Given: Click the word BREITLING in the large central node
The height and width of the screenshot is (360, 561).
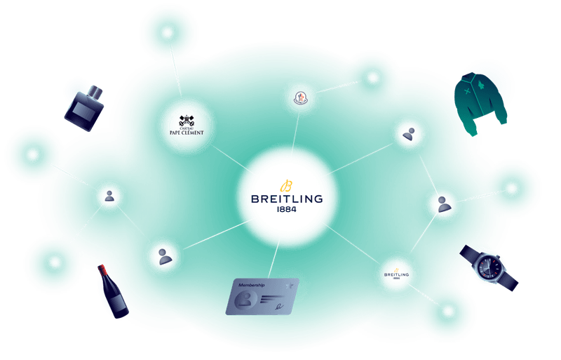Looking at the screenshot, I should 287,199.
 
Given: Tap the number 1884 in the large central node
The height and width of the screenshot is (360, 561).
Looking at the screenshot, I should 287,209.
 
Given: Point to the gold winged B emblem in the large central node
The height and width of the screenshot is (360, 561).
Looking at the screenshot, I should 286,185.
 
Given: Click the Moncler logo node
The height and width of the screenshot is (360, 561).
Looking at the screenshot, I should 299,98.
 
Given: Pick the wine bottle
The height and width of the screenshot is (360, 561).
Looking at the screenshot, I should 111,291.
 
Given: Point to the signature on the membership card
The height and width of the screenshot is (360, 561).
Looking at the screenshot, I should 280,304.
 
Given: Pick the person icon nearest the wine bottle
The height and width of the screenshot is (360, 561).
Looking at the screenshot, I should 165,257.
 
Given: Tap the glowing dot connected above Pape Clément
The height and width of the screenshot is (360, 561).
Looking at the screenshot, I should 167,33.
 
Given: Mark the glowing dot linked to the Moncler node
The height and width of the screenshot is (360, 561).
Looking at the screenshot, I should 372,77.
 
